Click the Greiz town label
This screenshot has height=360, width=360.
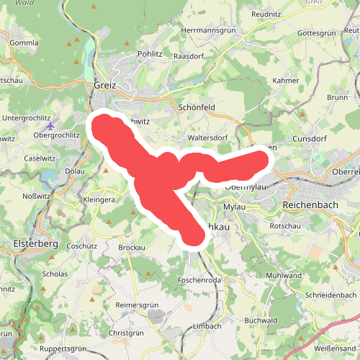(x=104, y=85)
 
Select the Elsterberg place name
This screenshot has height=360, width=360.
(x=35, y=244)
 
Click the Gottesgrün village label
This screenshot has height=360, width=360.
(x=317, y=33)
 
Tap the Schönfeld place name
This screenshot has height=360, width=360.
(x=196, y=107)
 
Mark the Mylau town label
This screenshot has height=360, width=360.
(x=235, y=207)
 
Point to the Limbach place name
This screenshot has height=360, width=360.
(x=207, y=325)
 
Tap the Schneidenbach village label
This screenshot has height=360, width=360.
(x=330, y=295)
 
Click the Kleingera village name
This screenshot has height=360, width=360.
(x=99, y=199)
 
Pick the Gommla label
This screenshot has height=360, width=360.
(x=24, y=42)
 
